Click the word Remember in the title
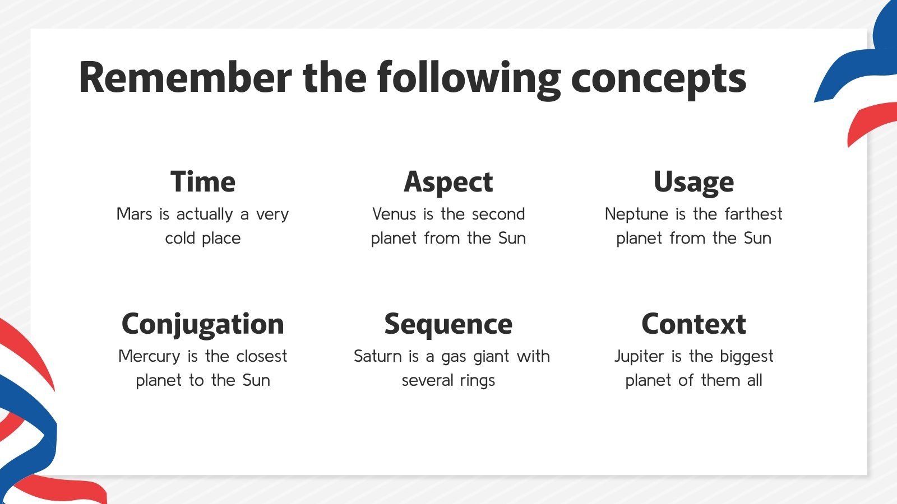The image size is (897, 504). (186, 77)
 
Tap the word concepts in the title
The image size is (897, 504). (659, 80)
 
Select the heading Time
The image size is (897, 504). (203, 182)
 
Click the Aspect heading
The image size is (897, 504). (449, 183)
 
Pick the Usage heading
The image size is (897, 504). (693, 183)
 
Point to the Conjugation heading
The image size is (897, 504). (203, 325)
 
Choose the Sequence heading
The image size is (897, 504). (449, 325)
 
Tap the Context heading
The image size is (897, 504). (693, 324)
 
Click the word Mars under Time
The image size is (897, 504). (134, 214)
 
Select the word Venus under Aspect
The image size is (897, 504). (395, 214)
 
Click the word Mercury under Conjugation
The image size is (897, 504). (149, 357)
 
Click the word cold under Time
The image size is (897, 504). (180, 238)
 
